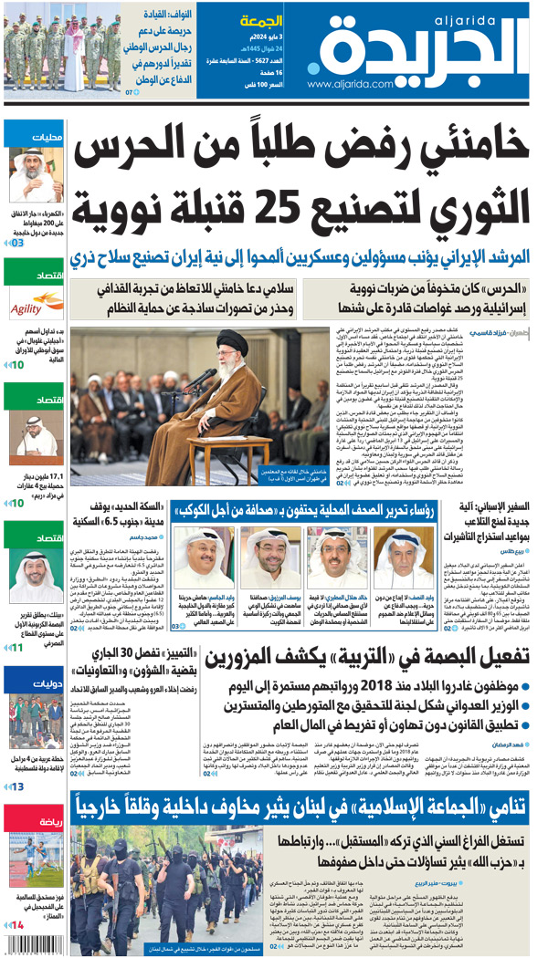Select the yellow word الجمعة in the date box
(260, 20)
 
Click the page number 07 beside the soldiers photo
(131, 91)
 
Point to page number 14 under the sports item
(15, 925)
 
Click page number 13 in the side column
(16, 786)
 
